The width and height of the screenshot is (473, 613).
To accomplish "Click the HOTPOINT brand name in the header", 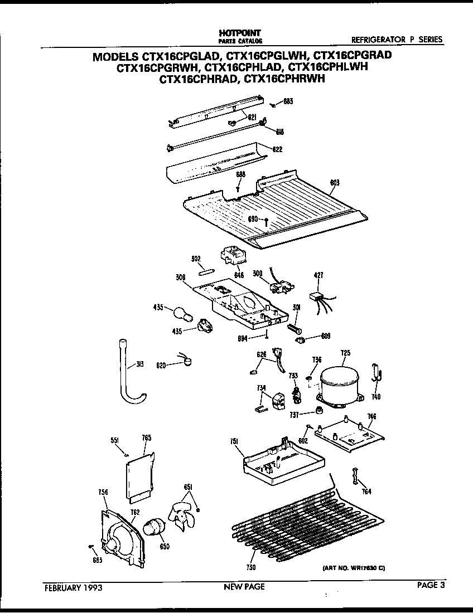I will point(239,34).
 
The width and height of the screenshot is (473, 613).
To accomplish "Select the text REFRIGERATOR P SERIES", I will point(397,40).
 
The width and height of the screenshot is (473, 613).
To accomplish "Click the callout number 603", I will point(335,182).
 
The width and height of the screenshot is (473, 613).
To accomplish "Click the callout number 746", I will point(371,416).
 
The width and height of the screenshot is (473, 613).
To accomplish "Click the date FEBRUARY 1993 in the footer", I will point(71,587).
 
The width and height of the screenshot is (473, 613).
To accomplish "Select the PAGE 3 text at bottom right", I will point(432,585).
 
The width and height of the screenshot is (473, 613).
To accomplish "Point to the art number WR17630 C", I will point(354,568).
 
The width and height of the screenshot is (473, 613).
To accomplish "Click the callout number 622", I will point(277,149).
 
